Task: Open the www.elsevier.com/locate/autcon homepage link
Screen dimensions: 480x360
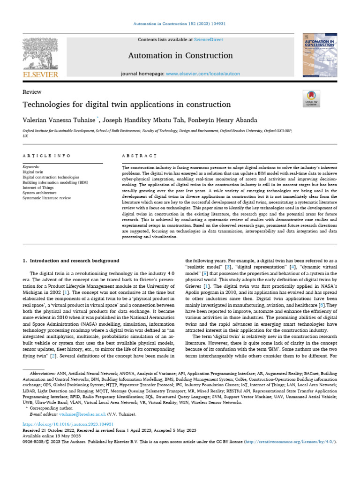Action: pyautogui.click(x=203, y=74)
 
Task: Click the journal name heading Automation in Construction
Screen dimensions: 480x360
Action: pyautogui.click(x=180, y=56)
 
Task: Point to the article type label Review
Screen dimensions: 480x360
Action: pyautogui.click(x=32, y=92)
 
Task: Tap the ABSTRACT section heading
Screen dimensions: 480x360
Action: pyautogui.click(x=139, y=156)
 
